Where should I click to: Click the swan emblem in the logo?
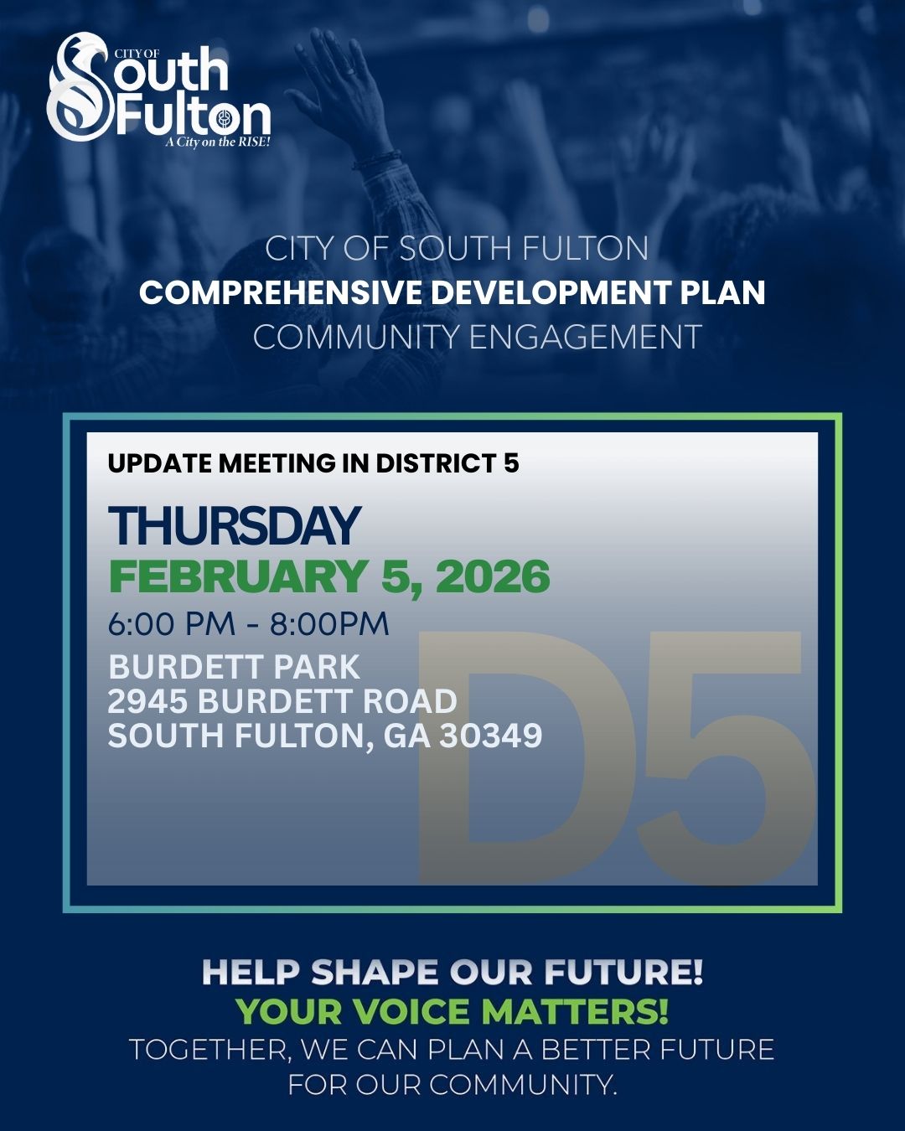click(x=80, y=88)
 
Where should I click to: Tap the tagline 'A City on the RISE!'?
click(x=217, y=142)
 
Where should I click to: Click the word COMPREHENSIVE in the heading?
click(x=281, y=293)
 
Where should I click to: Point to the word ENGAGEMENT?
click(x=585, y=338)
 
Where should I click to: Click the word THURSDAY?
click(x=235, y=526)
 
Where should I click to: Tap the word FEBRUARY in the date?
click(x=238, y=576)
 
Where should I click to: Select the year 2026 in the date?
click(x=493, y=576)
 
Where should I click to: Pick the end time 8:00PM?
click(x=329, y=624)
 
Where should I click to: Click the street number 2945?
click(x=147, y=701)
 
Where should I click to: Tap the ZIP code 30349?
click(x=491, y=736)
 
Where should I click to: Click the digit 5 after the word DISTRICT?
click(x=511, y=463)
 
